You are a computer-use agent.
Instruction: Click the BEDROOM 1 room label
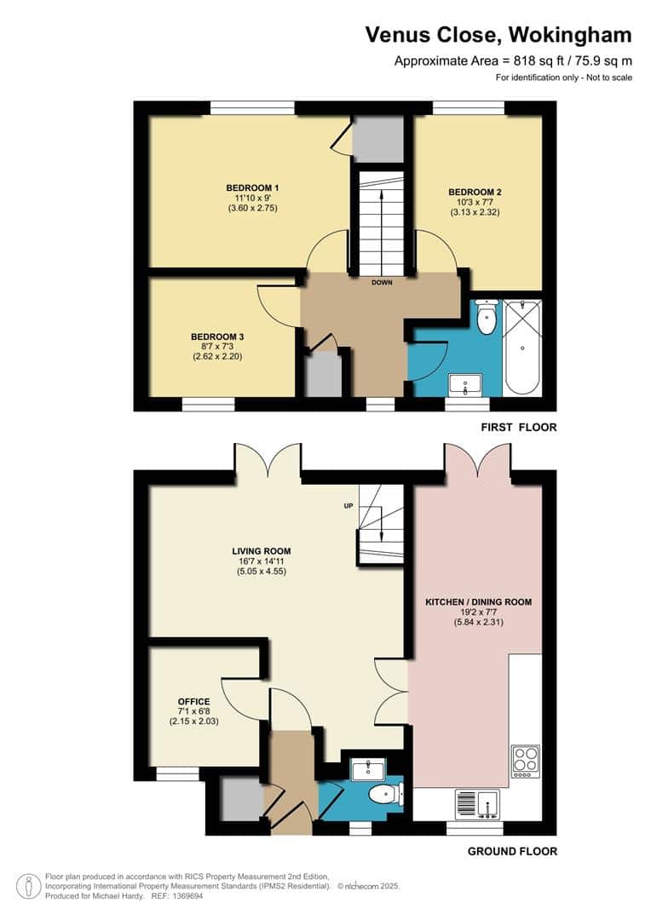click(x=252, y=187)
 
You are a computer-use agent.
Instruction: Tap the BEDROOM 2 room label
click(x=475, y=192)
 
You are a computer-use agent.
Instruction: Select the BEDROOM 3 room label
click(x=217, y=336)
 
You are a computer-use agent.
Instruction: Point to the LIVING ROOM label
click(x=262, y=551)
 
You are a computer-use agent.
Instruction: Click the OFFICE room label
click(x=193, y=701)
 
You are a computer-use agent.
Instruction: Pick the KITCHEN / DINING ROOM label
click(x=478, y=602)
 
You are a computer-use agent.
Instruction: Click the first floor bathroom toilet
click(x=487, y=318)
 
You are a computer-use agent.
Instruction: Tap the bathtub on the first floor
click(x=522, y=348)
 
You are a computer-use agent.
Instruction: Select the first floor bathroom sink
click(x=464, y=384)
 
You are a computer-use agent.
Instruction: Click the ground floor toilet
click(x=385, y=794)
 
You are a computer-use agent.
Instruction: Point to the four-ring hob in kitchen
click(x=526, y=761)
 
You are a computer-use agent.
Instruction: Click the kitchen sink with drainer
click(x=477, y=804)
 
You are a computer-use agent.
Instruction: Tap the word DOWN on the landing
click(x=382, y=283)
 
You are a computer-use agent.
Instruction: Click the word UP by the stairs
click(x=349, y=506)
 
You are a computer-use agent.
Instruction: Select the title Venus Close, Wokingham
click(x=498, y=35)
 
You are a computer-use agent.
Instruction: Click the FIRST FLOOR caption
click(x=519, y=427)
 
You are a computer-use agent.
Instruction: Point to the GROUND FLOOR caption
click(x=512, y=851)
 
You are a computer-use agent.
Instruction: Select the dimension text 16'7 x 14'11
click(x=262, y=561)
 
